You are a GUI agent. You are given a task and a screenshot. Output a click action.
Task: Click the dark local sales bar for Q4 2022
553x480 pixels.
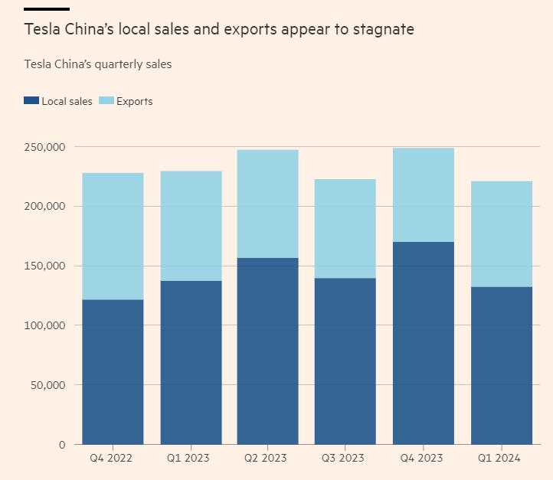[113, 371]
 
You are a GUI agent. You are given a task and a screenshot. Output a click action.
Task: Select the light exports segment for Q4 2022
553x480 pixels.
[113, 236]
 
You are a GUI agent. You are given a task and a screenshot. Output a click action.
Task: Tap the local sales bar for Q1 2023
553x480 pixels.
[191, 362]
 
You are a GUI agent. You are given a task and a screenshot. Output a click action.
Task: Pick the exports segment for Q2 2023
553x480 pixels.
[267, 204]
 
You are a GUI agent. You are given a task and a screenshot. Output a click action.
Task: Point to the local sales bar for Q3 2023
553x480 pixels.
[345, 361]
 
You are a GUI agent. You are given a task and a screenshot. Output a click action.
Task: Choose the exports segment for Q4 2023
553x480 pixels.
[423, 194]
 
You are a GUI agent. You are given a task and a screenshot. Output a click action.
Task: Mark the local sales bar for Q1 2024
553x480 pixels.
[501, 365]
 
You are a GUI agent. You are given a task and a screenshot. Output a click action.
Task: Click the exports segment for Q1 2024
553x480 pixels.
[501, 233]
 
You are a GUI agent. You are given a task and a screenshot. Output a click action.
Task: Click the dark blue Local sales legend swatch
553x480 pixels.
[31, 101]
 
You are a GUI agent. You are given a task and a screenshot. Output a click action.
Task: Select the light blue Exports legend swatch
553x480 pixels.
[106, 101]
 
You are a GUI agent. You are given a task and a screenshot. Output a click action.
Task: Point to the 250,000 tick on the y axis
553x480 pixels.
[45, 147]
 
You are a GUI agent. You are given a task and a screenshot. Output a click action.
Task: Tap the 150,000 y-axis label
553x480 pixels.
[45, 266]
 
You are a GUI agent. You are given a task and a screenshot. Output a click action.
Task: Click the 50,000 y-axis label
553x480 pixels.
[48, 384]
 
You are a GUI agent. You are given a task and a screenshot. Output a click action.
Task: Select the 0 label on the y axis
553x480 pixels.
[62, 444]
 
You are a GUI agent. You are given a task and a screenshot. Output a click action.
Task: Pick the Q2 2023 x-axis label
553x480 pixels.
[266, 458]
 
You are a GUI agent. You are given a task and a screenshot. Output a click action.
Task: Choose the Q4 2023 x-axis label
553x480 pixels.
[422, 458]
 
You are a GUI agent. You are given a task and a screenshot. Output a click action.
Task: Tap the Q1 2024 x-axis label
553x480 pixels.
[499, 458]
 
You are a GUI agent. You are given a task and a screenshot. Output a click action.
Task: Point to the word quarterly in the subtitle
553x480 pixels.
[115, 64]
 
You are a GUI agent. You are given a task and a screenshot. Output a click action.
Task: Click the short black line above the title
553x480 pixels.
[47, 9]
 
